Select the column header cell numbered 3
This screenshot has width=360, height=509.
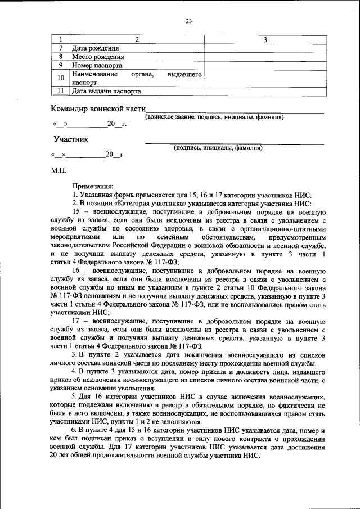265,39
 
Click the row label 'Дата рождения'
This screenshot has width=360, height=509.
95,48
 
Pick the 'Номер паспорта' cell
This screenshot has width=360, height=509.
97,65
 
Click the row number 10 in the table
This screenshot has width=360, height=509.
60,78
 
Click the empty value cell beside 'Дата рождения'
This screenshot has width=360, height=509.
265,48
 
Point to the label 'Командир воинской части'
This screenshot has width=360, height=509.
98,109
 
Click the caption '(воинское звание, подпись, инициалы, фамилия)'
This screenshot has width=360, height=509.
214,117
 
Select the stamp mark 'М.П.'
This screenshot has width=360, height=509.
58,169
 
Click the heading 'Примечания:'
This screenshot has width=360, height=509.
92,186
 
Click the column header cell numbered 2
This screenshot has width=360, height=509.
137,39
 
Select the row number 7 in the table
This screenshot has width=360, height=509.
60,48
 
